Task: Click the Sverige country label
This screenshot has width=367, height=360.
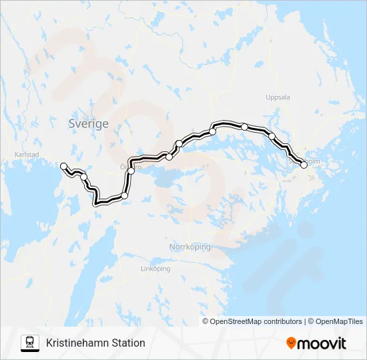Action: [x=88, y=124]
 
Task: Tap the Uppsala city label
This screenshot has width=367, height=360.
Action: [x=278, y=97]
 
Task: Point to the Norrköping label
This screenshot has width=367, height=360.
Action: [x=190, y=247]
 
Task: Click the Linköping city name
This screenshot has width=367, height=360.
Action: [x=155, y=269]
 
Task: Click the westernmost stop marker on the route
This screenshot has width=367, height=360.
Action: [x=63, y=165]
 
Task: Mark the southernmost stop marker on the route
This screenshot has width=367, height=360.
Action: [x=124, y=195]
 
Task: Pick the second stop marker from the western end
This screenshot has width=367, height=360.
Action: [x=84, y=177]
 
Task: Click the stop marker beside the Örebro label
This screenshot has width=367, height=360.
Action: [x=131, y=171]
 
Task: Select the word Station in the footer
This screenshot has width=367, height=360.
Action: [x=129, y=343]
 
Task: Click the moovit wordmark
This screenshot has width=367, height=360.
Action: [x=322, y=343]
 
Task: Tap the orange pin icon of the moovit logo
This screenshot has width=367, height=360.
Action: [x=291, y=343]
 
